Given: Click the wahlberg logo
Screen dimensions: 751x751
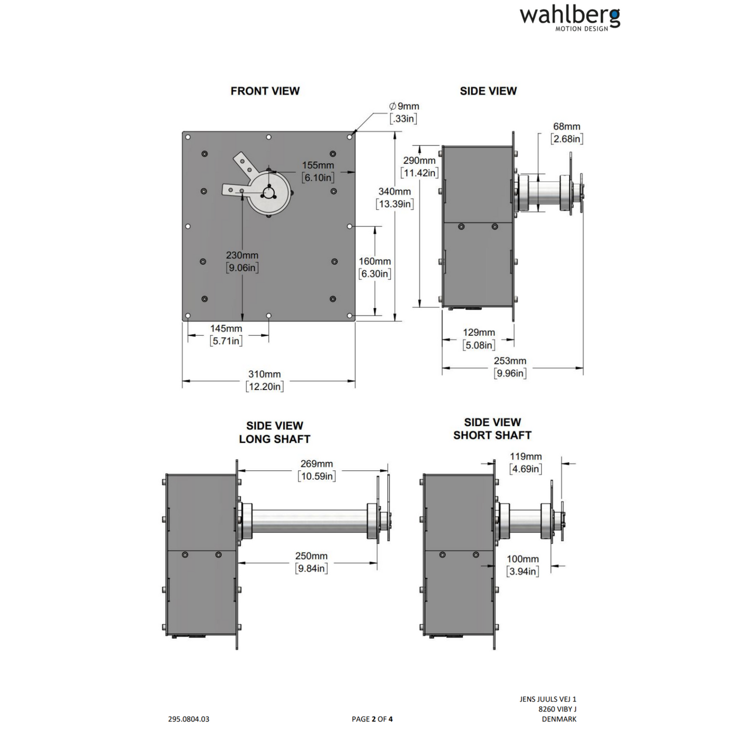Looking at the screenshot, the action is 570,18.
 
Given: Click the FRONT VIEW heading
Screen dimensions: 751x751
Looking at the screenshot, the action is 265,91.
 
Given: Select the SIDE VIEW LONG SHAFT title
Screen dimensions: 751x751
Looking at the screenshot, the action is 274,432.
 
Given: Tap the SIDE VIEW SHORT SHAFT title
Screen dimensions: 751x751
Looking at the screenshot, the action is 492,429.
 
